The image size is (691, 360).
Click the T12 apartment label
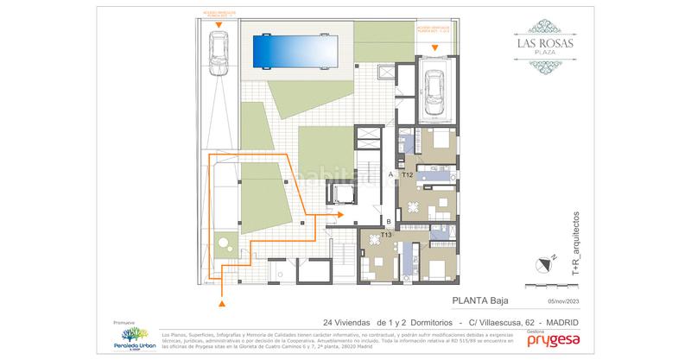[408, 175]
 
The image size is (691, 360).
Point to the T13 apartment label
[387, 235]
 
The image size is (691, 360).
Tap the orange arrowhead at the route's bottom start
[224, 303]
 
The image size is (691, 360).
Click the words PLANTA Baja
[480, 301]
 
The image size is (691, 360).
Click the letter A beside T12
[391, 175]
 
